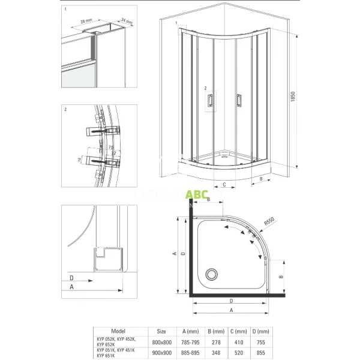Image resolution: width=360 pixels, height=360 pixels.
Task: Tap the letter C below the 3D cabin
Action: [223, 184]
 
